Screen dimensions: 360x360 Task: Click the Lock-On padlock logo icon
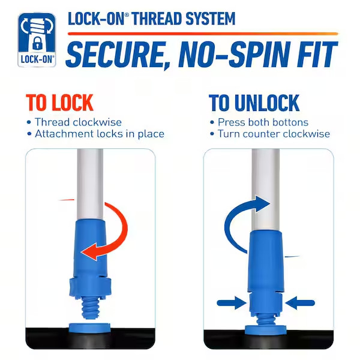click(37, 40)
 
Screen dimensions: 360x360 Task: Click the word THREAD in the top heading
click(158, 19)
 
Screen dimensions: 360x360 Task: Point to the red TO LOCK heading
click(59, 103)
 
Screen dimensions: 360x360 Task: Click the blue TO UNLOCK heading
click(254, 103)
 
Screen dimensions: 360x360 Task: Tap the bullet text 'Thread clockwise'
click(78, 122)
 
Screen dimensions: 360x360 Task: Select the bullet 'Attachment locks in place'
click(100, 134)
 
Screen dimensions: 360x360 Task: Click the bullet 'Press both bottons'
click(263, 122)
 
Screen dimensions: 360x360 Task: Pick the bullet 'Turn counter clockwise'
click(274, 134)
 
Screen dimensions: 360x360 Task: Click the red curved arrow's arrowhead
click(90, 251)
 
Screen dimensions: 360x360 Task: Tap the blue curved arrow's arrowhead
click(262, 204)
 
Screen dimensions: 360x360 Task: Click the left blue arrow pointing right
click(232, 303)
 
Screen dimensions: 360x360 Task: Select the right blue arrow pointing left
click(300, 303)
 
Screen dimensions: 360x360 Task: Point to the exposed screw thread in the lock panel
click(90, 308)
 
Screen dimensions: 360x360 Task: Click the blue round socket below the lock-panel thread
click(89, 328)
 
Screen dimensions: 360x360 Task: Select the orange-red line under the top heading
click(203, 34)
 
